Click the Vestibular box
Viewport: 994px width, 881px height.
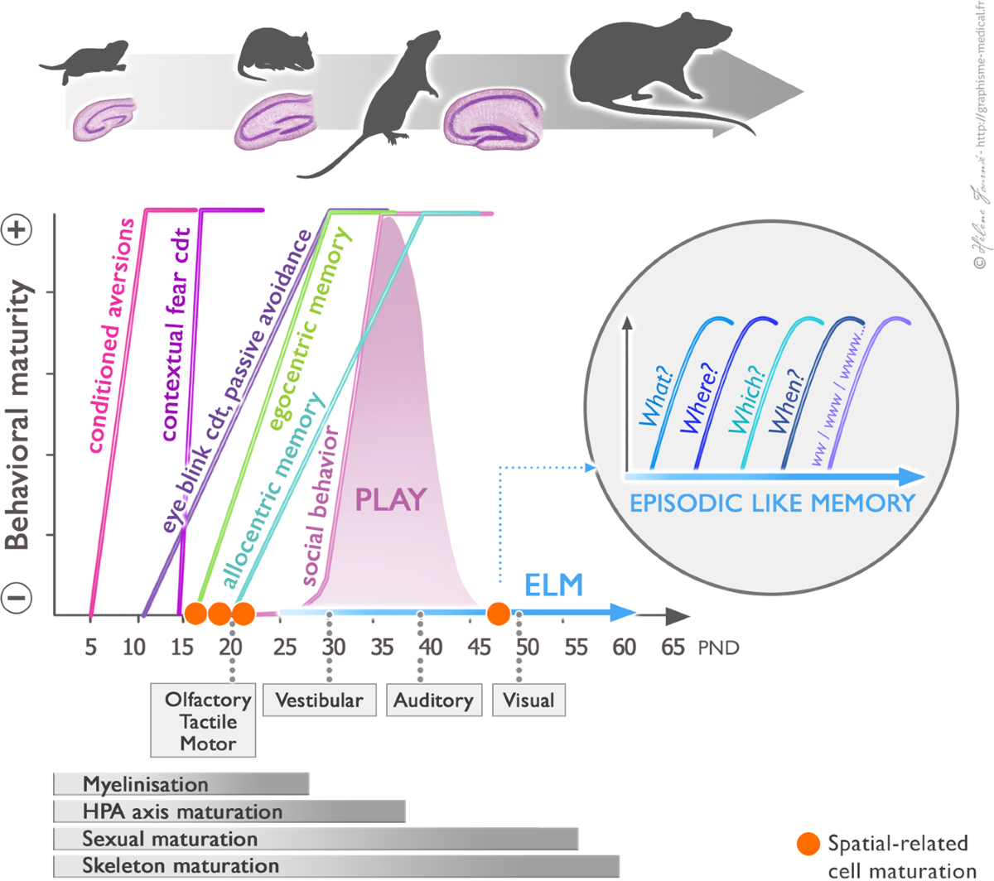pyautogui.click(x=319, y=700)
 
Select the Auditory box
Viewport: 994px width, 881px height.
pyautogui.click(x=433, y=700)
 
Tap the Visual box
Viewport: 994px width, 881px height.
pyautogui.click(x=528, y=700)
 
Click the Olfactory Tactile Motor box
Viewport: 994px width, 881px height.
pyautogui.click(x=203, y=721)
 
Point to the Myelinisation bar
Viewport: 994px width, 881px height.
pyautogui.click(x=181, y=784)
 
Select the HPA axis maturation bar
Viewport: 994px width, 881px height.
pyautogui.click(x=229, y=811)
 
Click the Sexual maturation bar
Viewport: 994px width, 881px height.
pyautogui.click(x=315, y=839)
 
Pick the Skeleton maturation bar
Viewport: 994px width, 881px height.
pyautogui.click(x=335, y=866)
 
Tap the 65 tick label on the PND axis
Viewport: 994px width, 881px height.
pyautogui.click(x=673, y=647)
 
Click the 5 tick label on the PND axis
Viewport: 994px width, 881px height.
pyautogui.click(x=90, y=647)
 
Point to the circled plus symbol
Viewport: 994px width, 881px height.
pyautogui.click(x=18, y=229)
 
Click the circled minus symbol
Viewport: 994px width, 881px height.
pyautogui.click(x=18, y=597)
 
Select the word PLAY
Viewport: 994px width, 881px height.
pyautogui.click(x=390, y=500)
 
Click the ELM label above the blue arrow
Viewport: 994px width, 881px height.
pyautogui.click(x=553, y=585)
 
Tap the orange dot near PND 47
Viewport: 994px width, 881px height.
pyautogui.click(x=498, y=614)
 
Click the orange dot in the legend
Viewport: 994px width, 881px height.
pyautogui.click(x=808, y=844)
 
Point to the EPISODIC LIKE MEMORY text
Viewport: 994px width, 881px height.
pyautogui.click(x=772, y=503)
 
